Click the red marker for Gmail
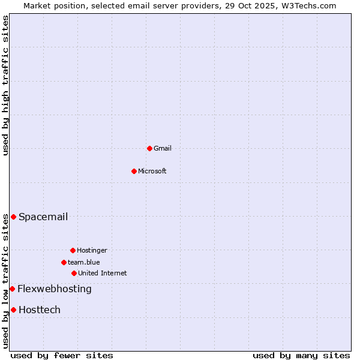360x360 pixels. (x=149, y=148)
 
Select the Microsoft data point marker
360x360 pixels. (x=134, y=171)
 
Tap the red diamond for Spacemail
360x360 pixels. (x=13, y=217)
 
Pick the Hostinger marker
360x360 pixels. (x=73, y=250)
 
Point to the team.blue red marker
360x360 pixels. (x=64, y=262)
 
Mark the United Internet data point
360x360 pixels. (x=74, y=273)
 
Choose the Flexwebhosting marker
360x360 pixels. (x=12, y=289)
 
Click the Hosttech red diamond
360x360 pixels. (x=13, y=310)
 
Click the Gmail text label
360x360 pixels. (x=163, y=148)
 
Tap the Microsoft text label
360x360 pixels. (x=152, y=171)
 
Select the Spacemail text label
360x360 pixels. (x=43, y=217)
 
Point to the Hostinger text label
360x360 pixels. (x=92, y=250)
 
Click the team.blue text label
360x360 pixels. (x=84, y=262)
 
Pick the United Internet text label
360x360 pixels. (x=103, y=273)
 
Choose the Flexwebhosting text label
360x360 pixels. (x=55, y=289)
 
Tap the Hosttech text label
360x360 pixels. (x=40, y=310)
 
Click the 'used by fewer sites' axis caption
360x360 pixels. (x=62, y=355)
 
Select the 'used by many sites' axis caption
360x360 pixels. (x=301, y=355)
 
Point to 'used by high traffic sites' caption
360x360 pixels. (x=5, y=85)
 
